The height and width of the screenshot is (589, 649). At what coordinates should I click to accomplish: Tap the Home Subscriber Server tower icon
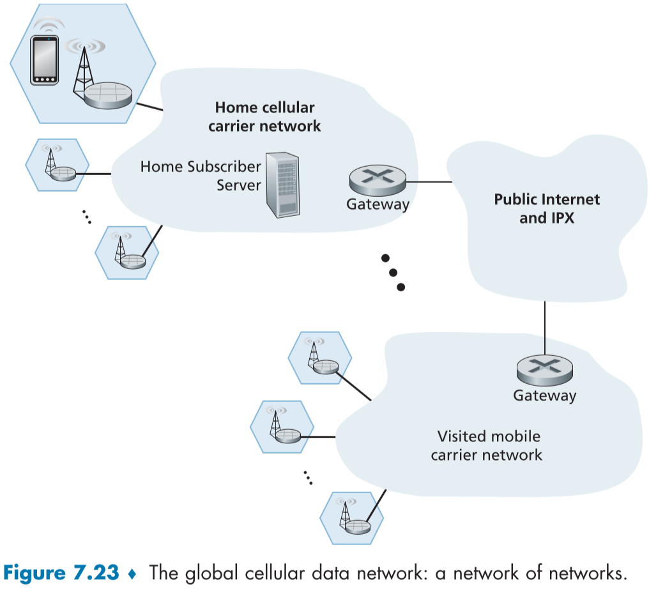[x=283, y=184]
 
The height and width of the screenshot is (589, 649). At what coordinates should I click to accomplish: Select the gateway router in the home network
[x=378, y=181]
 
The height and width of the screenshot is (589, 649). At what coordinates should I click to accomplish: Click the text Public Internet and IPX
[x=547, y=208]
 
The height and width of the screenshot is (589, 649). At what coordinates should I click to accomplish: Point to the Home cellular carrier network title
[x=264, y=116]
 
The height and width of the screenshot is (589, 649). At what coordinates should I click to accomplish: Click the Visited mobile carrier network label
[x=488, y=445]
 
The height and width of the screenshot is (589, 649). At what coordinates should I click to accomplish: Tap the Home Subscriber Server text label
[x=201, y=176]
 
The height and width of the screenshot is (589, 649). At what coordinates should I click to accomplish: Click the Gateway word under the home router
[x=378, y=205]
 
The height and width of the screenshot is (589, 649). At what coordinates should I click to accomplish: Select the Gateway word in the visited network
[x=544, y=396]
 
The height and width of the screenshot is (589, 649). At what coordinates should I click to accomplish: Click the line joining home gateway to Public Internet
[x=429, y=181]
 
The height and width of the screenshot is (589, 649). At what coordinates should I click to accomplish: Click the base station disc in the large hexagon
[x=108, y=95]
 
